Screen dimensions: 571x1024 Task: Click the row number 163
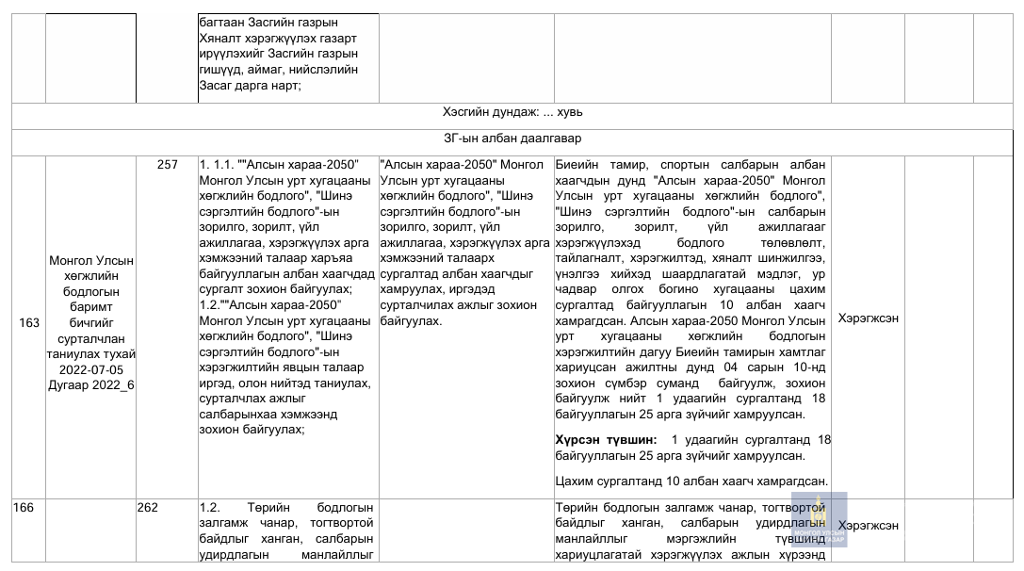(x=29, y=323)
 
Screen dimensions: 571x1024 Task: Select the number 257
(x=167, y=165)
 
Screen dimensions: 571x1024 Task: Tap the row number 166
(x=24, y=508)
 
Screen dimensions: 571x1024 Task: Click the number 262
(x=148, y=508)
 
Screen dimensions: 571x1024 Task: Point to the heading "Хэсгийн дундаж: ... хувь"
(x=512, y=112)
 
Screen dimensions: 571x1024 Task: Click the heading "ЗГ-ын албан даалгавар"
(x=512, y=139)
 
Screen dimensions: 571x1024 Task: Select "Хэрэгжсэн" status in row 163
(x=868, y=318)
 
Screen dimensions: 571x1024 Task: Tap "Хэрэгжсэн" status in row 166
(x=868, y=525)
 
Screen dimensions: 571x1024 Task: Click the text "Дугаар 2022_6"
(x=91, y=384)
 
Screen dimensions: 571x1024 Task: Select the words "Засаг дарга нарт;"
(x=250, y=86)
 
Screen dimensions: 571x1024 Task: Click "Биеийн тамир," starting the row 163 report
(x=599, y=165)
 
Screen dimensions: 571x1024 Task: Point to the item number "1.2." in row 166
(x=210, y=508)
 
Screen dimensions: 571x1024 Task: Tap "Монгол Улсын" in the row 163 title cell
(x=91, y=261)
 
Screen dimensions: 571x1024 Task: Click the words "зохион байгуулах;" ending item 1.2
(x=252, y=430)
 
